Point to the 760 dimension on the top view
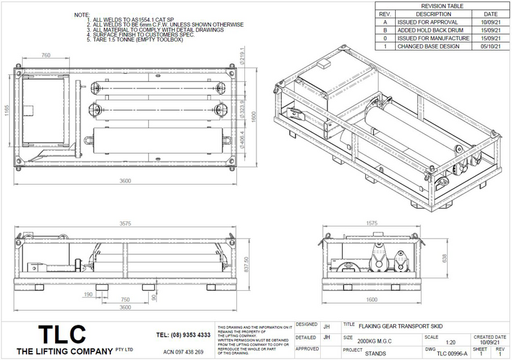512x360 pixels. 46,56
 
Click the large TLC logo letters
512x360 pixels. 62,335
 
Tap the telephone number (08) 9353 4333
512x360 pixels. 183,335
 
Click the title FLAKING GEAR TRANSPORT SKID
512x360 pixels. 400,326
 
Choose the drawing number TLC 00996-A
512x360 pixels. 446,353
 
